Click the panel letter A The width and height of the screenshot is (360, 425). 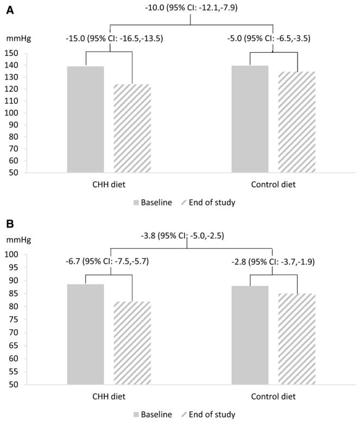click(10, 10)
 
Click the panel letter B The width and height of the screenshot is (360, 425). click(10, 224)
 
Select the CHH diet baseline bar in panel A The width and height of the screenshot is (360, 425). click(86, 120)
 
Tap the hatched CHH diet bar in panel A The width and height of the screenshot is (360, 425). click(132, 128)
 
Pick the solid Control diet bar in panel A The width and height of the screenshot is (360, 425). click(250, 119)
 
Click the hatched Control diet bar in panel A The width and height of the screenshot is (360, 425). click(297, 122)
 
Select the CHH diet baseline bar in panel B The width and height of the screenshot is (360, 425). click(86, 334)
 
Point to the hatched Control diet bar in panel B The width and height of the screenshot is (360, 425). click(297, 339)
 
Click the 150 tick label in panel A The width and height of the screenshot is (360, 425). click(11, 53)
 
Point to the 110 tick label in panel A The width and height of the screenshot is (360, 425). click(11, 101)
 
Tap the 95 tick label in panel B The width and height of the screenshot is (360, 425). click(13, 267)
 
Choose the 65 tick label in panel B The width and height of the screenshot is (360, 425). click(13, 346)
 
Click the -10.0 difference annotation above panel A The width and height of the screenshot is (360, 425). click(191, 8)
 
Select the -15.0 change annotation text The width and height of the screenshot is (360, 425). click(115, 39)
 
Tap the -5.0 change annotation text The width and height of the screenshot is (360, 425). click(269, 39)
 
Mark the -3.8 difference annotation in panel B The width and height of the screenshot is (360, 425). click(182, 236)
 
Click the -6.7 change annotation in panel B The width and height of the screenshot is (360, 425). click(108, 261)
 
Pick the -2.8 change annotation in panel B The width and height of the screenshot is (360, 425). click(273, 262)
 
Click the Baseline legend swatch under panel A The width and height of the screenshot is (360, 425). click(136, 203)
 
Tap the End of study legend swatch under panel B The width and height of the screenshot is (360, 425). click(184, 415)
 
